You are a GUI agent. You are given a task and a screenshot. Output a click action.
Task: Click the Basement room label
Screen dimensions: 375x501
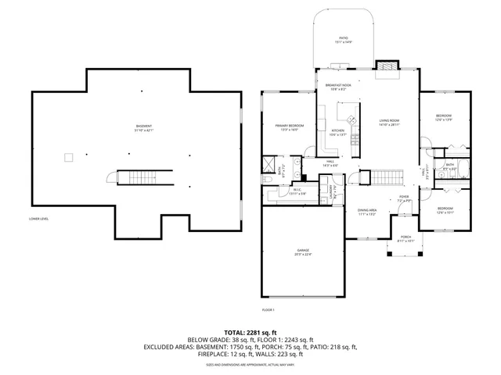click(144, 129)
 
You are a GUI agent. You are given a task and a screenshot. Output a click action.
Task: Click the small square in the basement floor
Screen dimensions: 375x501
click(69, 158)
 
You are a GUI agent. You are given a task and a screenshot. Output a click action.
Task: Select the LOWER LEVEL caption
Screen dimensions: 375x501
click(39, 219)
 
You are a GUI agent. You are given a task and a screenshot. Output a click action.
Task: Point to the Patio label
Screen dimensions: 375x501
click(343, 40)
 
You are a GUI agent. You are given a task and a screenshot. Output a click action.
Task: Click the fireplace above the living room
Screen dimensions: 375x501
click(387, 69)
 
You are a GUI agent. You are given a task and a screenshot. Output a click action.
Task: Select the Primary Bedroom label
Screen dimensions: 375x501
click(289, 127)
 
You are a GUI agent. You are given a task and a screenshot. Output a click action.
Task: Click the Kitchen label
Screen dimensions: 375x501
click(337, 132)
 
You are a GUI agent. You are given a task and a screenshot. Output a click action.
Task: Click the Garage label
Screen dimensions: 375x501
click(303, 252)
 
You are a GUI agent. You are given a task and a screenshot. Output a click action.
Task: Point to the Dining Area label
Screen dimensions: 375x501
click(367, 211)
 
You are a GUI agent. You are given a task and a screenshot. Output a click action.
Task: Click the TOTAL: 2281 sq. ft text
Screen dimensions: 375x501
click(250, 333)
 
